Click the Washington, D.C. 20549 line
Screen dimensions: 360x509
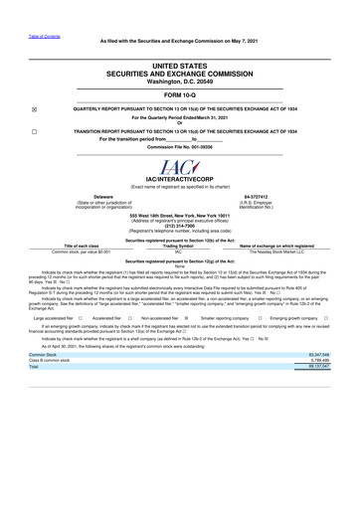[x=180, y=78]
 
